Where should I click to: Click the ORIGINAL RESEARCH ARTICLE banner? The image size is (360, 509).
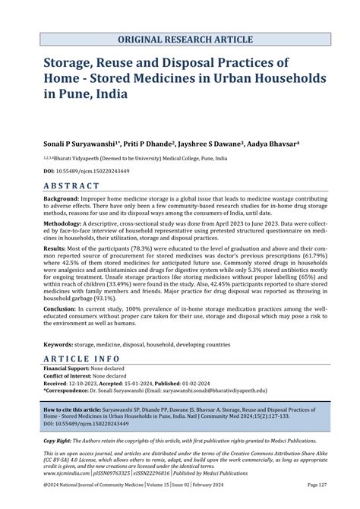click(x=180, y=40)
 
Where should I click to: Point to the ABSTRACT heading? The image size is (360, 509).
click(x=71, y=185)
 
